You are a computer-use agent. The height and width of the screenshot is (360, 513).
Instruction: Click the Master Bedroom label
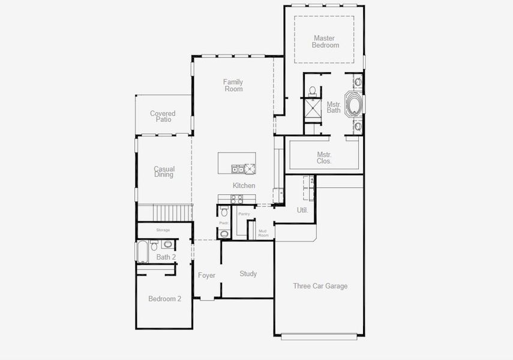(x=325, y=42)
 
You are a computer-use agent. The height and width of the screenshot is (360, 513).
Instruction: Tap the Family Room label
(x=233, y=85)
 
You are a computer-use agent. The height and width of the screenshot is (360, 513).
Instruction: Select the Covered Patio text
(x=163, y=116)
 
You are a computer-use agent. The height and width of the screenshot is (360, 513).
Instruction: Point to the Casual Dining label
(x=164, y=172)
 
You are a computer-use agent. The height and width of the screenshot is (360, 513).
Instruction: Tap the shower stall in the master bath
(x=312, y=109)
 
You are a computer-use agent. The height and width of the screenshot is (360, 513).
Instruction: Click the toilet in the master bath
(x=312, y=91)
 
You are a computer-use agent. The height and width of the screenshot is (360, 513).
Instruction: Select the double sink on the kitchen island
(x=238, y=169)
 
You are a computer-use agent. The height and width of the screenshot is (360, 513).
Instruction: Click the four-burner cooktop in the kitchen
(x=236, y=199)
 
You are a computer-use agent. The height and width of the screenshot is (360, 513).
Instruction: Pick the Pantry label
(x=244, y=214)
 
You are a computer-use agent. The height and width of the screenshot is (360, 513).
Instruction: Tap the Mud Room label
(x=262, y=233)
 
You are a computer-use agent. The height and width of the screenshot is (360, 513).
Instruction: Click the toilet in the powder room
(x=224, y=212)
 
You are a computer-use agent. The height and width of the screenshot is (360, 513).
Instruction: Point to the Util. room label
(x=302, y=210)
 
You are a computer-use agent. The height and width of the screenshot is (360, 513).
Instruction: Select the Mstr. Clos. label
(x=324, y=158)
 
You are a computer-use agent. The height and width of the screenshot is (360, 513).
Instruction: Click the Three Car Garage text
(x=320, y=286)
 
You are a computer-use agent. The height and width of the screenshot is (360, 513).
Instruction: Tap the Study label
(x=248, y=274)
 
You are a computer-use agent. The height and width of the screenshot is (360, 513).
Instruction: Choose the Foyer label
(x=206, y=275)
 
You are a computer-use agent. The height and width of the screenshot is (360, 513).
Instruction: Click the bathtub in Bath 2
(x=142, y=252)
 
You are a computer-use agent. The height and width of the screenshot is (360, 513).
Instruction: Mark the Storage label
(x=163, y=230)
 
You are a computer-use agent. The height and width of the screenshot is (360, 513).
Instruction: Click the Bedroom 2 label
(x=164, y=299)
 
